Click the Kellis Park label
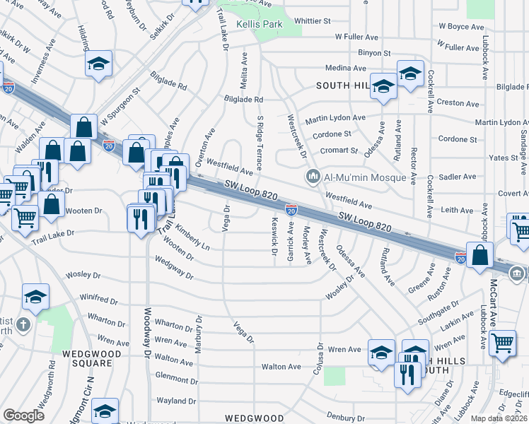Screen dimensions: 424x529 259,24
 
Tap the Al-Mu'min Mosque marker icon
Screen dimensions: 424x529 311,176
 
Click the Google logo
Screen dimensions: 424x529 23,416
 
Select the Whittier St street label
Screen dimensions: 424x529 312,21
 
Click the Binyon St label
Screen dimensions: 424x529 373,53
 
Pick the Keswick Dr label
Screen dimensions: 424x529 274,232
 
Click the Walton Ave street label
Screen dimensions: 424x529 281,366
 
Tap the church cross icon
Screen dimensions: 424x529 24,326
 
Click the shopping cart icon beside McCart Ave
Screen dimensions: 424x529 503,343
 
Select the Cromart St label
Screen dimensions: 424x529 338,150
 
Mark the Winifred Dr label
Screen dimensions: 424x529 98,299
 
